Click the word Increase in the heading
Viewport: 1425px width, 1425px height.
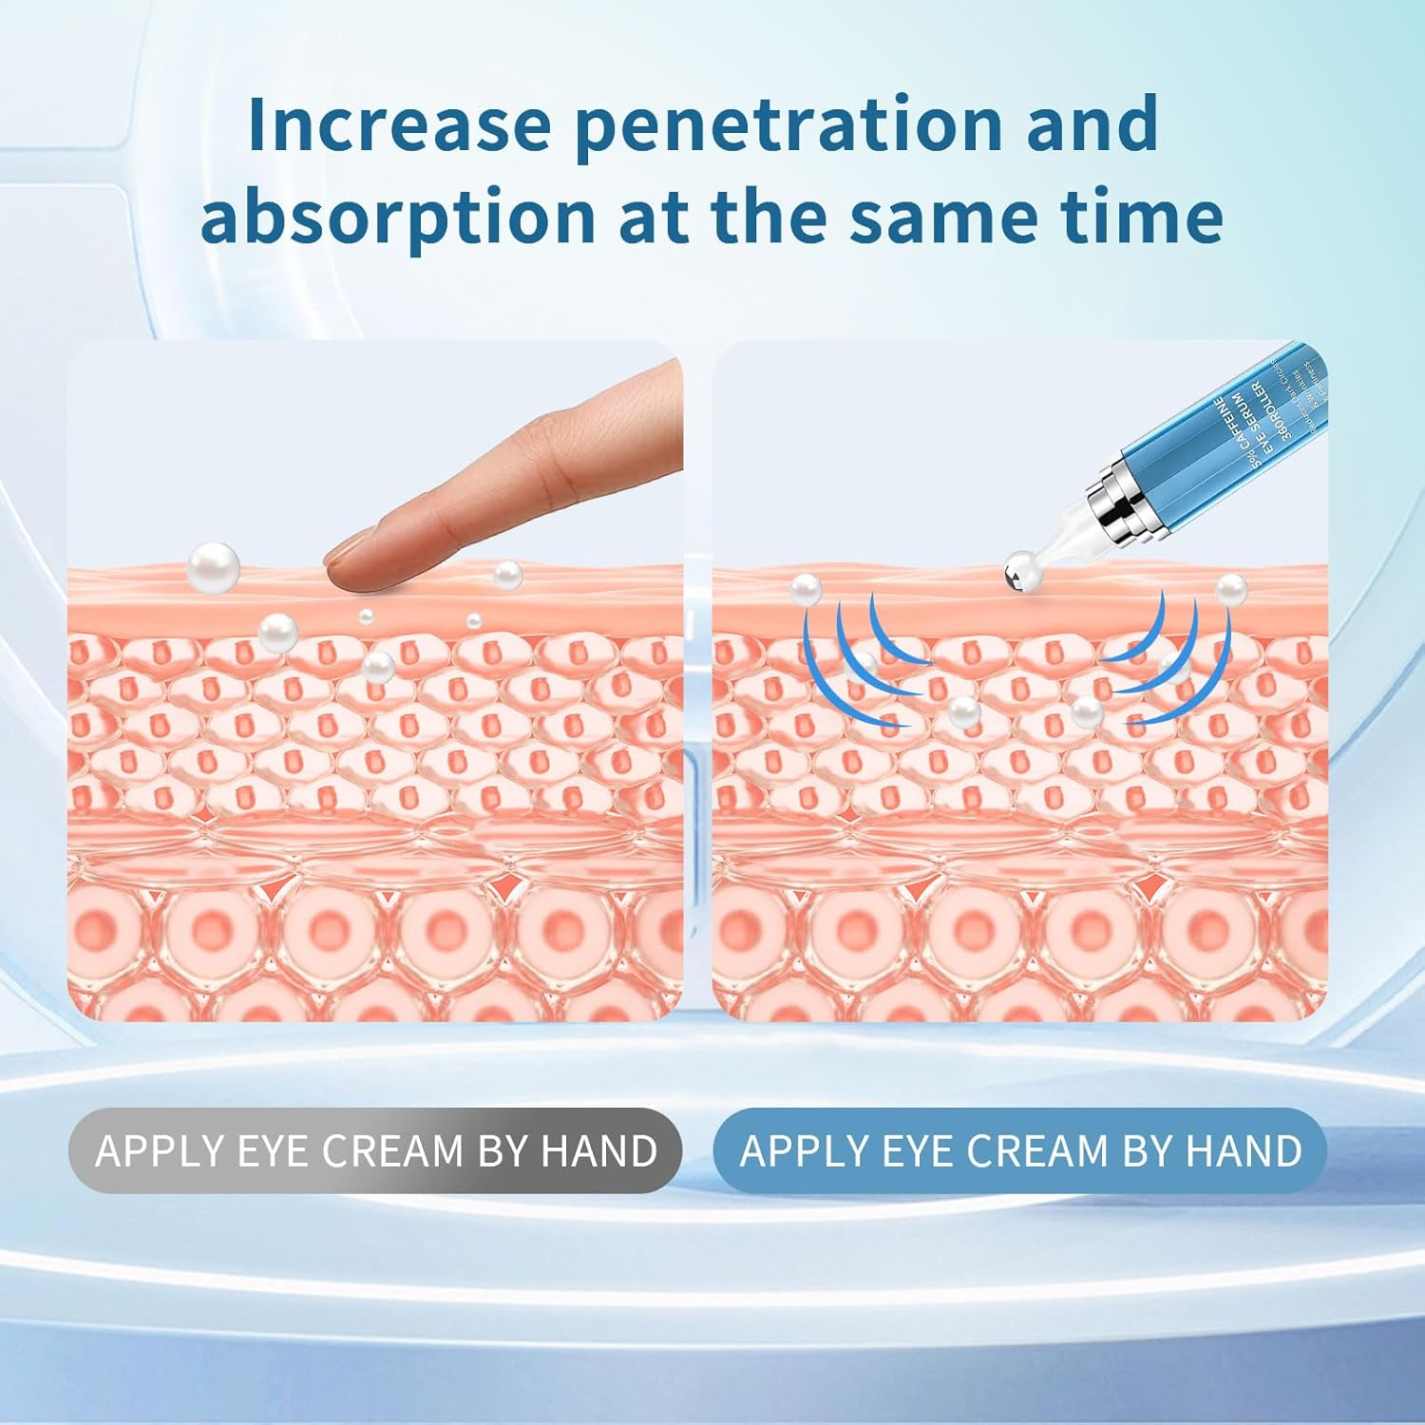click(x=398, y=124)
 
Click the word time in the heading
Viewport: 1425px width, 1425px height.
click(x=1141, y=218)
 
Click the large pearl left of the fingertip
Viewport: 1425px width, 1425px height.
click(x=213, y=566)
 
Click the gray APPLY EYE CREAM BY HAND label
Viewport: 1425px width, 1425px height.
click(x=376, y=1150)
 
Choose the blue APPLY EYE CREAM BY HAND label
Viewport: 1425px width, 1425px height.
click(x=1020, y=1150)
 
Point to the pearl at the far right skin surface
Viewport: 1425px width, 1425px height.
click(x=1231, y=589)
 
